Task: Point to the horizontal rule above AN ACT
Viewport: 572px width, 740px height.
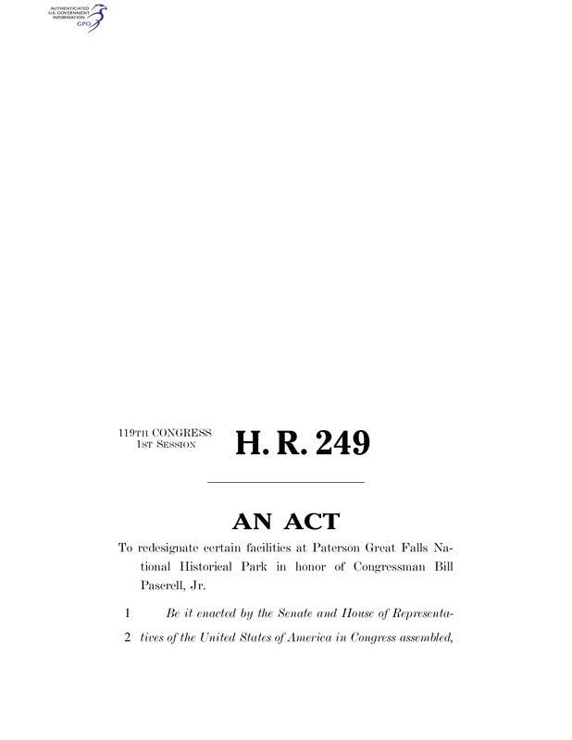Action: [x=285, y=482]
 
